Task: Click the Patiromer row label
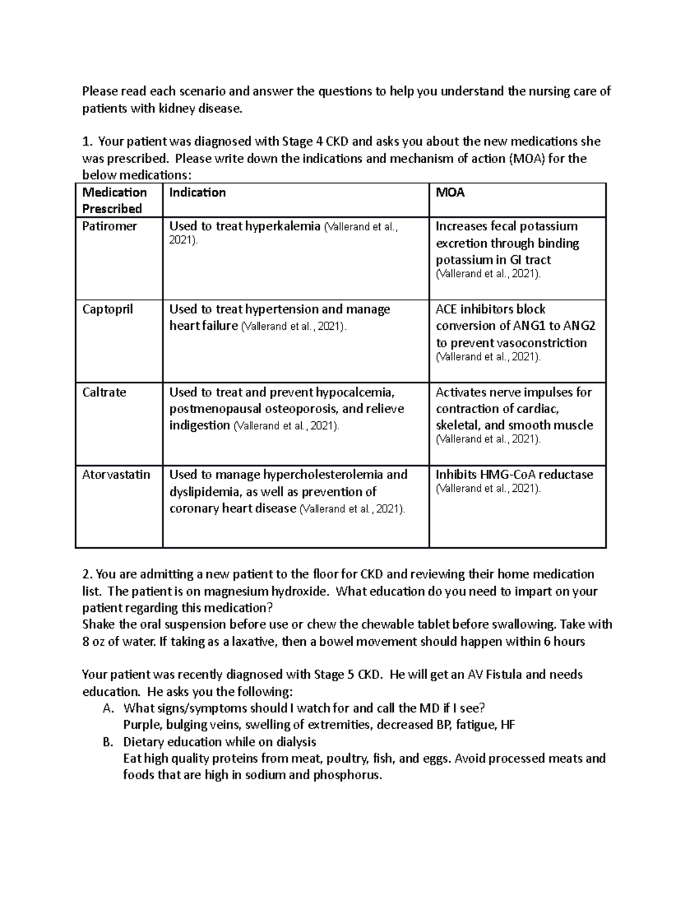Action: pos(110,226)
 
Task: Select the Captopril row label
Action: pos(108,309)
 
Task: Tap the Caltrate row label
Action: pos(104,392)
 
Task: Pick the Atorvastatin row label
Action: pos(116,475)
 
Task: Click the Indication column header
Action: pos(197,193)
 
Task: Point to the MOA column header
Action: pos(450,193)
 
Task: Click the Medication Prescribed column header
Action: pos(114,200)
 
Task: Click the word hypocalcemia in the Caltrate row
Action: pos(355,392)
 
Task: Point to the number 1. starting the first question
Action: pos(87,142)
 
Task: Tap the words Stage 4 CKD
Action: pos(312,142)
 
